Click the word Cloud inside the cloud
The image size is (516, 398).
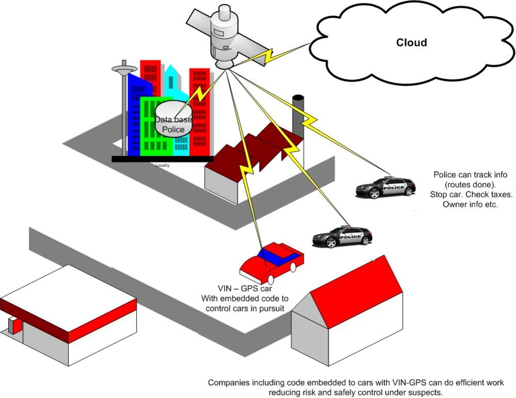(x=411, y=42)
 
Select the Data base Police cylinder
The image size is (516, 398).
(x=173, y=119)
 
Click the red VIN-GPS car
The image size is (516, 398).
(x=272, y=263)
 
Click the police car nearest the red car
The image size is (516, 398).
(x=342, y=236)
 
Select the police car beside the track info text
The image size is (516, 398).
(x=385, y=187)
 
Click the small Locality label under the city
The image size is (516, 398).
(x=162, y=165)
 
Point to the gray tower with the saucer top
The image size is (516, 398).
(x=124, y=109)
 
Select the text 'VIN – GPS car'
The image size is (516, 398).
(x=245, y=289)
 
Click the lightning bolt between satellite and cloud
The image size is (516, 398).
(x=270, y=55)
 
